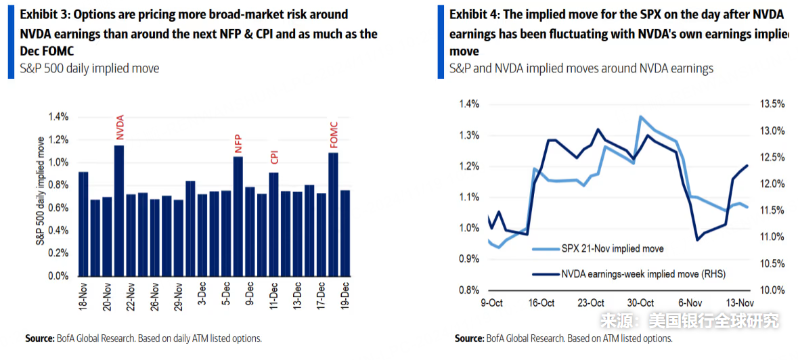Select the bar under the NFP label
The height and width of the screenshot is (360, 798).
238,217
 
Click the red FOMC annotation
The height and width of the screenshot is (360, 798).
333,134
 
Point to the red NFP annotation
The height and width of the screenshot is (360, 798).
238,145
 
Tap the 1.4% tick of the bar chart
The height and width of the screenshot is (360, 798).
58,117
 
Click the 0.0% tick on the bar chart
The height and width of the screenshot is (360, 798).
58,277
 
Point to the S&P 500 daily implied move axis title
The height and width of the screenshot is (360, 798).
41,197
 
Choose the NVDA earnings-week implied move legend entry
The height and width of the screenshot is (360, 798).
644,274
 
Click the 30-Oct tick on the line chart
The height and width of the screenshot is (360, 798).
640,302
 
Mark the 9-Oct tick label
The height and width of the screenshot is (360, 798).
491,302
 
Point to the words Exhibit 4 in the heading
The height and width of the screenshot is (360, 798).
474,14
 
